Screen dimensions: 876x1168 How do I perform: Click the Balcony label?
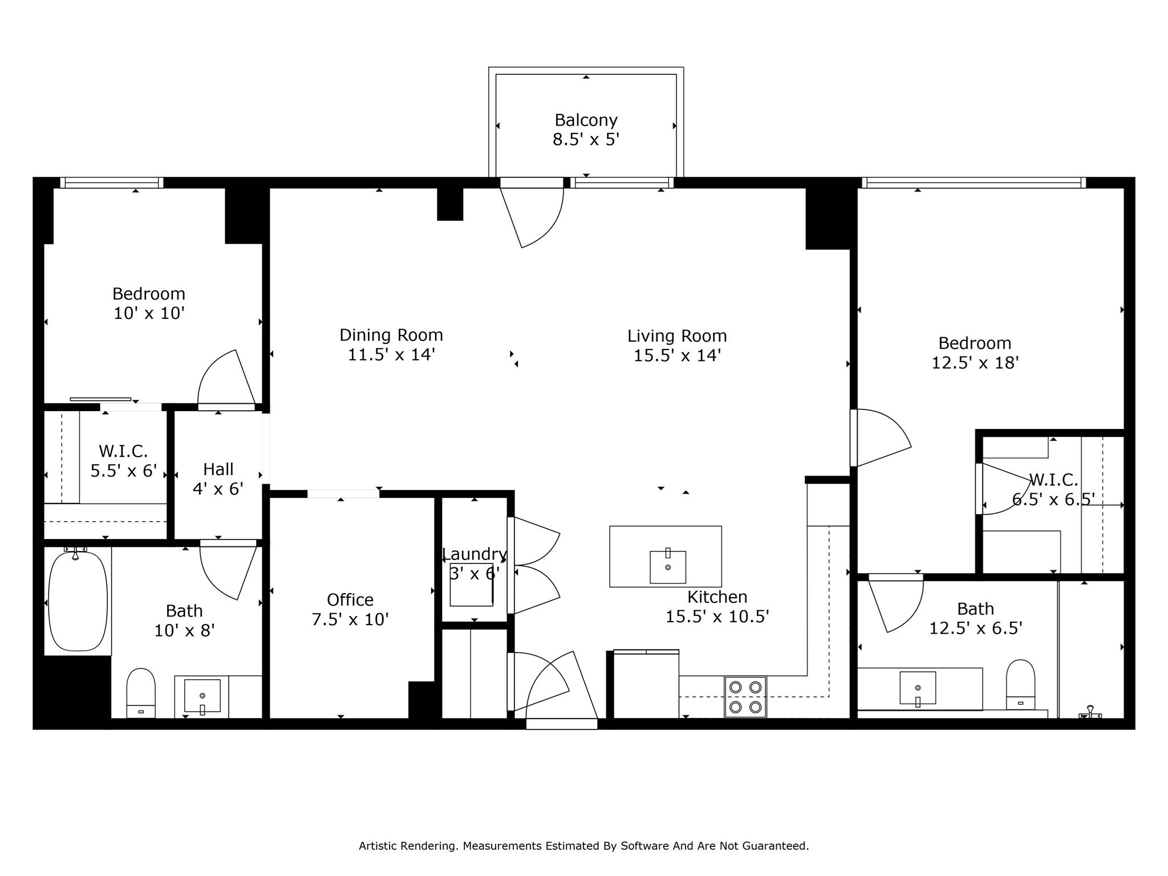(586, 120)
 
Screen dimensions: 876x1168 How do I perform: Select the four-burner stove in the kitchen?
(745, 696)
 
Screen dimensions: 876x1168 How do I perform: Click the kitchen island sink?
(667, 567)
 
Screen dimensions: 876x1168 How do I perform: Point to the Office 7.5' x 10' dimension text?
(350, 619)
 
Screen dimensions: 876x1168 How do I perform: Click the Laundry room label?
(474, 554)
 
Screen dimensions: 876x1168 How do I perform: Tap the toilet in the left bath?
(141, 692)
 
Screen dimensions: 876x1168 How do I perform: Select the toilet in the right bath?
(1020, 684)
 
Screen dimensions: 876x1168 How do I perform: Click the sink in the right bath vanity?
(917, 688)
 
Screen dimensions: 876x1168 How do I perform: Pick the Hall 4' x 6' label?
(218, 478)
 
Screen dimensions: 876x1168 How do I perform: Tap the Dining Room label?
(391, 335)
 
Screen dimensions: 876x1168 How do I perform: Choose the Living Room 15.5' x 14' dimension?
(677, 356)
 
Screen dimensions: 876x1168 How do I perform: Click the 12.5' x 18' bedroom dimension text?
(975, 363)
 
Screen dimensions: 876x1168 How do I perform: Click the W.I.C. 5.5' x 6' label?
(123, 461)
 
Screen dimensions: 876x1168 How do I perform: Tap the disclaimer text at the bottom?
(583, 846)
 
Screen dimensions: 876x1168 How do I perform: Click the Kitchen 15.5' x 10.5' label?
(717, 607)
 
